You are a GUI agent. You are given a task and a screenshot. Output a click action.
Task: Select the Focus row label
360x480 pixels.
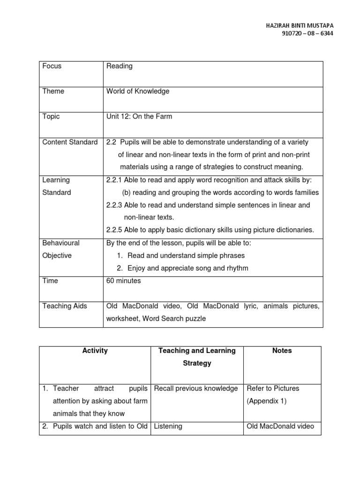click(52, 66)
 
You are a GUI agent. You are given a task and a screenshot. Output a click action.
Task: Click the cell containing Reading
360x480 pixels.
click(120, 66)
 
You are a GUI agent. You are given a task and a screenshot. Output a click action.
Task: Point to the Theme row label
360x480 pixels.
click(53, 91)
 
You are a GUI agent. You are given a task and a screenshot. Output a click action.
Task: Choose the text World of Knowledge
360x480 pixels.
click(138, 91)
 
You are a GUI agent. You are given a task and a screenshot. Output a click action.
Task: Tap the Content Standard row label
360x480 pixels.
click(70, 142)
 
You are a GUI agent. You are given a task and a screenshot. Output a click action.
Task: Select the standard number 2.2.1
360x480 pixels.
click(115, 180)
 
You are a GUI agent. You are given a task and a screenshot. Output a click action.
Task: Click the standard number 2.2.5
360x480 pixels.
click(115, 230)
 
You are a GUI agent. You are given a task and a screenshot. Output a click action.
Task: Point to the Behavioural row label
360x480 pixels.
click(61, 243)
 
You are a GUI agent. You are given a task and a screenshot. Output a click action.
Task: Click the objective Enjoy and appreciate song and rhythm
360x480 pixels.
click(188, 268)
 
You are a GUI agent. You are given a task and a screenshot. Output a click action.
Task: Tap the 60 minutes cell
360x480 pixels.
click(124, 281)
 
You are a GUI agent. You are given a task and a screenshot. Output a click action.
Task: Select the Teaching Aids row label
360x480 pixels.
click(65, 306)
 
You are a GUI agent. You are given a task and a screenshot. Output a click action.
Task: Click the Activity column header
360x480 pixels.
click(95, 351)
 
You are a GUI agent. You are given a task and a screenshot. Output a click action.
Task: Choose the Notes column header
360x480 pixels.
click(282, 351)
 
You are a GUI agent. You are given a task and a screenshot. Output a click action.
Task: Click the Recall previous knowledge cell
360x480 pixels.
click(196, 389)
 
